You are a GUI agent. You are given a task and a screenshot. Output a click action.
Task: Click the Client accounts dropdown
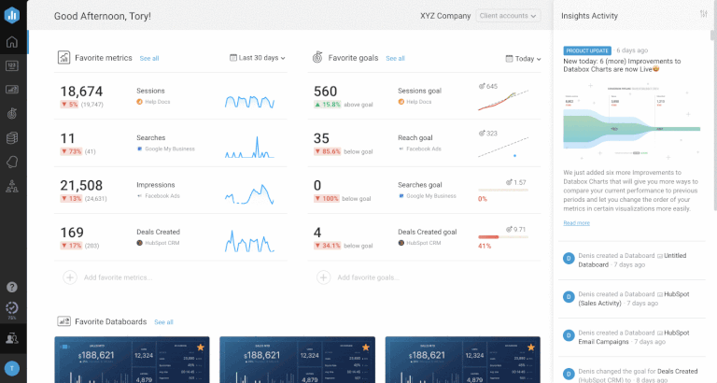[508, 16]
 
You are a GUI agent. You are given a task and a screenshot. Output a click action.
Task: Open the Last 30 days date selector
[258, 58]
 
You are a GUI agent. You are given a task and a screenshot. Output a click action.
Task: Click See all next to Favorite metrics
[149, 58]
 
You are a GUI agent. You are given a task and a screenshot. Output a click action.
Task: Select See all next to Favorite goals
[396, 58]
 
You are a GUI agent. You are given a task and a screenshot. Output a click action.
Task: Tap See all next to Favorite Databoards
[163, 321]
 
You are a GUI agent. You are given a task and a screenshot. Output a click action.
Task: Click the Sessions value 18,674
[81, 92]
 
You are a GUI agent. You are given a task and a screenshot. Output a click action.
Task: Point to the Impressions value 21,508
[81, 185]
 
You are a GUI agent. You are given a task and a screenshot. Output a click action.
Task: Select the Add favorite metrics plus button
[69, 277]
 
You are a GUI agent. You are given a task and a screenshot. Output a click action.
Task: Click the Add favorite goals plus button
[323, 277]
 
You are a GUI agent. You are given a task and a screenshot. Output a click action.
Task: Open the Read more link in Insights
[576, 222]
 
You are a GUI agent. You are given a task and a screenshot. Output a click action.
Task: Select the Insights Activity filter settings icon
[703, 15]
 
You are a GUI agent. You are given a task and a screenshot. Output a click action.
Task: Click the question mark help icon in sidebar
[12, 287]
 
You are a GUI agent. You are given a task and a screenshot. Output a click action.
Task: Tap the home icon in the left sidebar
[12, 42]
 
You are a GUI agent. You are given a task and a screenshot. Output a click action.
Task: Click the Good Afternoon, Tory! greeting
[104, 16]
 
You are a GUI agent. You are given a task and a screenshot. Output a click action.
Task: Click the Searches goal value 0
[317, 185]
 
